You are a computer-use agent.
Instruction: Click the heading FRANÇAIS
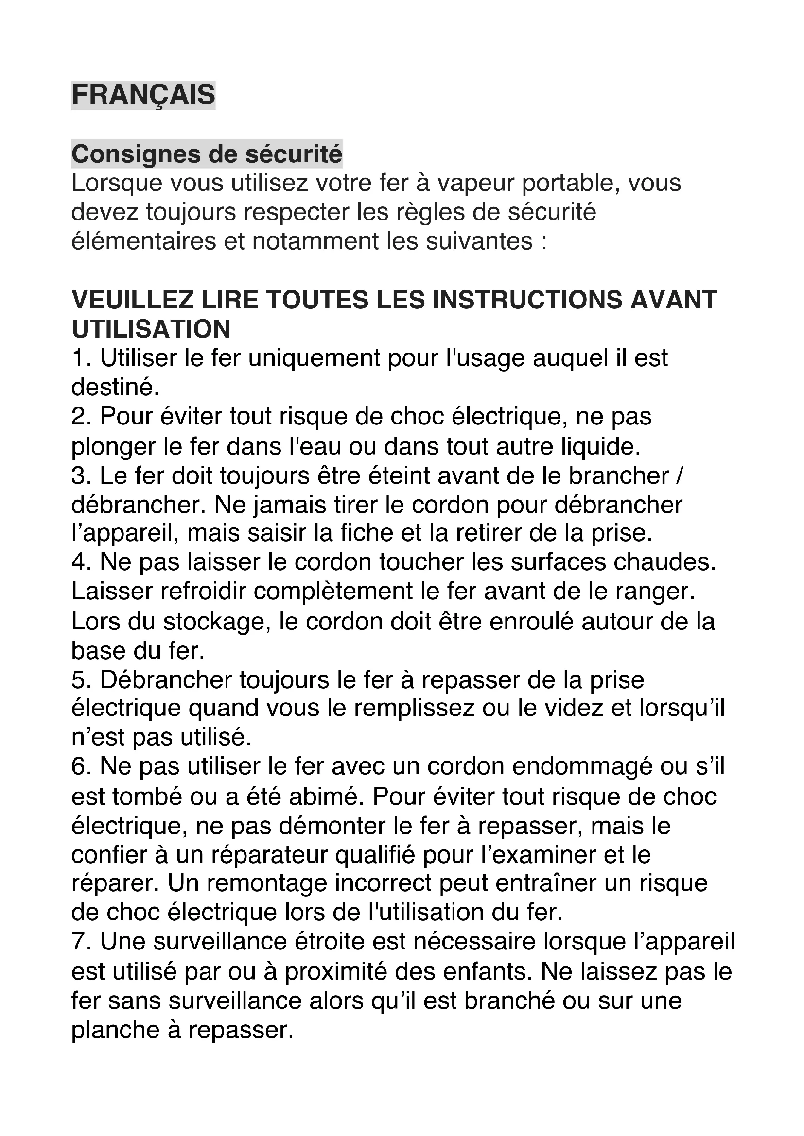pos(143,95)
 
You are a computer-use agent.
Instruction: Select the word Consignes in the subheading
pos(135,154)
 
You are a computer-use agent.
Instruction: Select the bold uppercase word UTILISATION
pos(151,329)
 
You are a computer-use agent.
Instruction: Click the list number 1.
pos(79,358)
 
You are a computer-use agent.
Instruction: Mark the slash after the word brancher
pos(679,476)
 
